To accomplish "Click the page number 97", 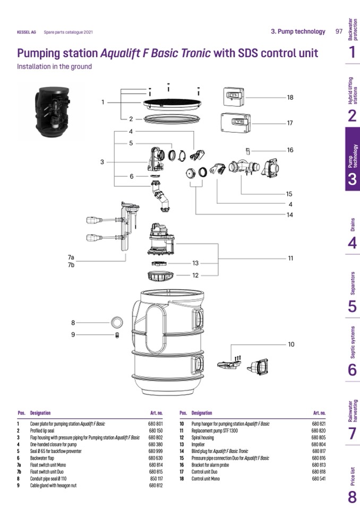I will click(x=339, y=31).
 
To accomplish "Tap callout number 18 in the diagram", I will click(x=290, y=98).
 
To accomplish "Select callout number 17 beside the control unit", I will click(x=290, y=123).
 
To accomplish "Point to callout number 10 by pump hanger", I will click(x=291, y=344).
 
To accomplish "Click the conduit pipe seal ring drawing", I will click(x=117, y=322).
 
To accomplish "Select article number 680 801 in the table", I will click(x=155, y=424).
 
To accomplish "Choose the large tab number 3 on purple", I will click(x=352, y=179).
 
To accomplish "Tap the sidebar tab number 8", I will click(x=352, y=498).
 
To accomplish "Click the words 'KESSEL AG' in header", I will click(x=25, y=32).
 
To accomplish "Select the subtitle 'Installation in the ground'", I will click(x=54, y=67).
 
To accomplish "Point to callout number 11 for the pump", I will click(x=291, y=258).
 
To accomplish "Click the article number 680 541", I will click(x=318, y=479).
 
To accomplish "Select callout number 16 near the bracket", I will click(x=290, y=150).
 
